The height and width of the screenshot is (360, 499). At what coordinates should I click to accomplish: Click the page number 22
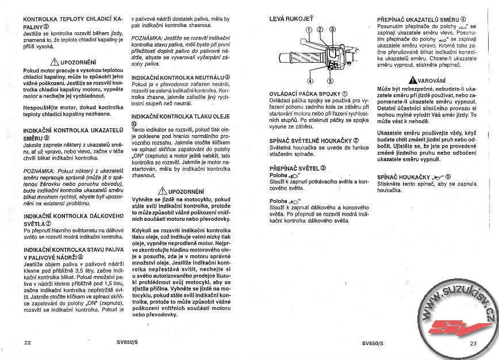tap(27, 343)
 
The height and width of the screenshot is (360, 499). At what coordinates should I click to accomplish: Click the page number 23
tap(473, 343)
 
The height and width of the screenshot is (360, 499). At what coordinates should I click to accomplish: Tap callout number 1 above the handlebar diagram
tap(309, 30)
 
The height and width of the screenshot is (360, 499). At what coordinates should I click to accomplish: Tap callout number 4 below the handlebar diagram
tap(310, 81)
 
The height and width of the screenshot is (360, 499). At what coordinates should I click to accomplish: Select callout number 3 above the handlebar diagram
tap(333, 30)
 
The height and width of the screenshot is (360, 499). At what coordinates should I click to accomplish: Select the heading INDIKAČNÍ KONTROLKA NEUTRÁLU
tap(181, 77)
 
